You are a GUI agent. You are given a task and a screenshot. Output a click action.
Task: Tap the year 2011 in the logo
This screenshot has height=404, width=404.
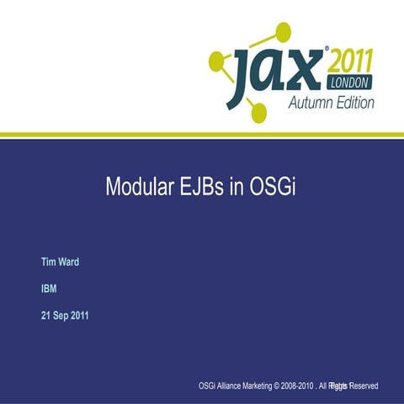click(347, 62)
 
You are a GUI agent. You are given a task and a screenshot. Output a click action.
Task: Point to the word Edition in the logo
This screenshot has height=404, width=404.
click(353, 103)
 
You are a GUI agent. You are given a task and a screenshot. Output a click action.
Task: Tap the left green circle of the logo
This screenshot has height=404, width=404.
click(217, 61)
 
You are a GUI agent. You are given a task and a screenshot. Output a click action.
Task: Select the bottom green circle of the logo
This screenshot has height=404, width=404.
click(258, 112)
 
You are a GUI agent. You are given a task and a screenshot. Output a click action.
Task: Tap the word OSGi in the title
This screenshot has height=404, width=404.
click(272, 187)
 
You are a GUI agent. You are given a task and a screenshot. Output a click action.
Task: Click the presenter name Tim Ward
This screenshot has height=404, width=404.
click(61, 262)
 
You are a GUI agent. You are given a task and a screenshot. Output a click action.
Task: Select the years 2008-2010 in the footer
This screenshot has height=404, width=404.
click(315, 385)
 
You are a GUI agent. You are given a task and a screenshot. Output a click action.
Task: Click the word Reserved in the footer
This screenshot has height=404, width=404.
click(364, 385)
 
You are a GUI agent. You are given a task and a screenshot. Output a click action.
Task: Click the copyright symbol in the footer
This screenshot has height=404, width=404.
click(291, 385)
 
